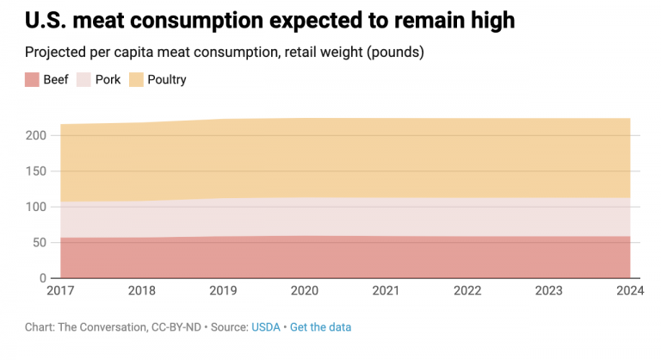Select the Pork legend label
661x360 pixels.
108,80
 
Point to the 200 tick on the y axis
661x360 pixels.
37,135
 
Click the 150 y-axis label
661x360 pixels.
37,171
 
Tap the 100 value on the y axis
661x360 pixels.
37,207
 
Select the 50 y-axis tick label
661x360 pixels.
40,242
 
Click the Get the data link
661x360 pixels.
320,327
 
